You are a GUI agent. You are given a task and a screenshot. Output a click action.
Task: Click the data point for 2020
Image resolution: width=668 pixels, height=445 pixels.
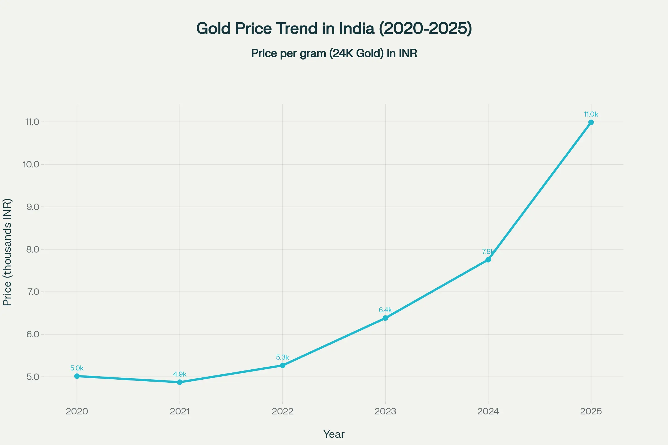coord(77,376)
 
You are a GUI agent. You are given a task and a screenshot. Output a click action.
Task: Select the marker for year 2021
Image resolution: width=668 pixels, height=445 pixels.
coord(180,382)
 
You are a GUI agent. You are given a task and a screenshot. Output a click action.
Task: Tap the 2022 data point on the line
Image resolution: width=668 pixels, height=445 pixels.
coord(283,365)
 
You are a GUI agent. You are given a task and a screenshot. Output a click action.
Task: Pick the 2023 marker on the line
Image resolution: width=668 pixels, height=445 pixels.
coord(385,318)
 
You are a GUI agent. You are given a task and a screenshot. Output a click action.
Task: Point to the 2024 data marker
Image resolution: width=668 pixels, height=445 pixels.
coord(488,260)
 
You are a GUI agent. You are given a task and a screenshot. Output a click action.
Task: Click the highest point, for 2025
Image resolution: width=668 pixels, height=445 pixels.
coord(591,122)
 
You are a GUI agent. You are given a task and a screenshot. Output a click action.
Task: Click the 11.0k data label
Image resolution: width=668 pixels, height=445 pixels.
coord(591,114)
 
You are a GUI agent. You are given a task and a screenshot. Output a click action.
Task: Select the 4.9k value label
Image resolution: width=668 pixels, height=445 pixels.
coord(180,374)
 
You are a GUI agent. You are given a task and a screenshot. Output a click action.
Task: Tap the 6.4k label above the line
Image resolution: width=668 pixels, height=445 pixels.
coord(385,310)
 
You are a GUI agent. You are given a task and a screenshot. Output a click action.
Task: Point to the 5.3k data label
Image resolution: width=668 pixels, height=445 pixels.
coord(283,357)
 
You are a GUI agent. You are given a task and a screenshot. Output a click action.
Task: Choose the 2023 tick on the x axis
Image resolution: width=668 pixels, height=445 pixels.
coord(385,411)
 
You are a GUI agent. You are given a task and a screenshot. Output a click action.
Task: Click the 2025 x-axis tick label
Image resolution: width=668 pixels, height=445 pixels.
coord(591,411)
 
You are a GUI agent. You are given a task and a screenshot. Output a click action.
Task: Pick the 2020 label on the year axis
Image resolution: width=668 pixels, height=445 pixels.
coord(77,411)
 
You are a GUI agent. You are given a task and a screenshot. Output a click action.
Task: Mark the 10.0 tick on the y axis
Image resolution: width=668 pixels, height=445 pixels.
coord(31,164)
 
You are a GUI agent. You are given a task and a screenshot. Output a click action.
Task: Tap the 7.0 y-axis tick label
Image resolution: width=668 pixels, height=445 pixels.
coord(33,292)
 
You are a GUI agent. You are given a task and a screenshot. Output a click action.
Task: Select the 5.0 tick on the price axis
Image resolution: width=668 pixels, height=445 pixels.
coord(33,377)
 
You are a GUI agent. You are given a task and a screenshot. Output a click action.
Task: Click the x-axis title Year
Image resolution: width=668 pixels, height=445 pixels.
coord(334,434)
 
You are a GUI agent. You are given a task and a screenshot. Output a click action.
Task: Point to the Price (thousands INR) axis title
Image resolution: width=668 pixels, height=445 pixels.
coord(7,252)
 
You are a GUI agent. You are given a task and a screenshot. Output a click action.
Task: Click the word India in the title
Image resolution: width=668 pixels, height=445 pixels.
coord(357,29)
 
